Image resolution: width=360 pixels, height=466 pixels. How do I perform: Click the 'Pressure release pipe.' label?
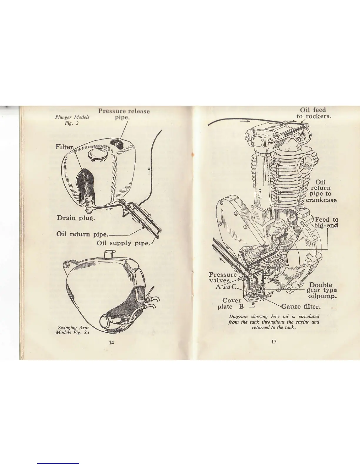(124, 114)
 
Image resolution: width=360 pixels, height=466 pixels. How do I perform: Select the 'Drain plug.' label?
(76, 218)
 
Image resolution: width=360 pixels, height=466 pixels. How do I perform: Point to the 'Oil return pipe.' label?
(82, 234)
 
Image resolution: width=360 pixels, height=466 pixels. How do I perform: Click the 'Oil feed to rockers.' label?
(313, 113)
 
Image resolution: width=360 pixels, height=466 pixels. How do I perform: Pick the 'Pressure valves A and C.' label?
(224, 281)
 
